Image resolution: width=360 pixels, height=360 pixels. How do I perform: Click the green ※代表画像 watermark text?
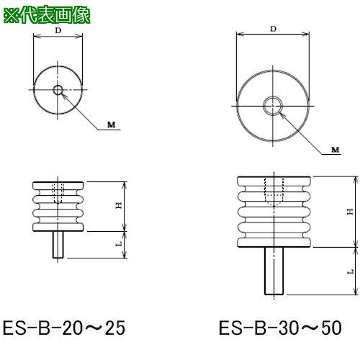coord(47,15)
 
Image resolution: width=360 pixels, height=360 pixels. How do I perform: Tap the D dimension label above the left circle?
coord(58,30)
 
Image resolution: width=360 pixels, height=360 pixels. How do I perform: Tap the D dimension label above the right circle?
coord(273,29)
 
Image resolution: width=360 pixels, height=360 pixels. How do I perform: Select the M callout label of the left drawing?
coord(111,125)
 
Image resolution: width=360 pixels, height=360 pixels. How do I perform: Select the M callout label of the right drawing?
coord(336,150)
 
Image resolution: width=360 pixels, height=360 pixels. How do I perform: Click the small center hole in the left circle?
coord(58,90)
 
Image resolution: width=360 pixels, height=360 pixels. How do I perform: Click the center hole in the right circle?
coord(273,106)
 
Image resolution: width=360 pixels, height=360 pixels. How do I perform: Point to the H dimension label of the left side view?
coord(119,206)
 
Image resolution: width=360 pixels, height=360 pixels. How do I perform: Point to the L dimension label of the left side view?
coord(119,244)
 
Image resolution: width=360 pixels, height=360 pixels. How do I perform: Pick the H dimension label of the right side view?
coord(351,212)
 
